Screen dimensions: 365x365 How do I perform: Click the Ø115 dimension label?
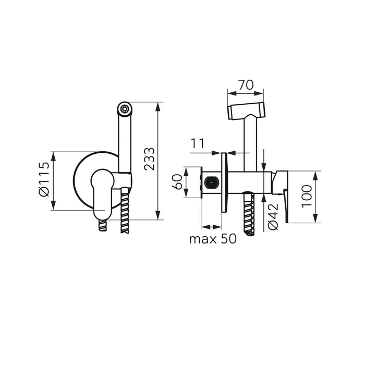[x=44, y=179]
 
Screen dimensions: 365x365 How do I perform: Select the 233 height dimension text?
[x=149, y=159]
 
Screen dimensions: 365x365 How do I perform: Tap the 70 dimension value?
[x=246, y=85]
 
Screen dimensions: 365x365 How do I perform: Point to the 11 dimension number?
[x=198, y=143]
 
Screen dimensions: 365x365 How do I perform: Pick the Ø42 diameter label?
[x=273, y=217]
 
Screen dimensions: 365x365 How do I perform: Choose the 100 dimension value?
[x=307, y=196]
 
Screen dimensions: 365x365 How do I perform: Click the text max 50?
[x=213, y=239]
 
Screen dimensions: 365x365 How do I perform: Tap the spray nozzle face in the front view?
[x=125, y=108]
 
